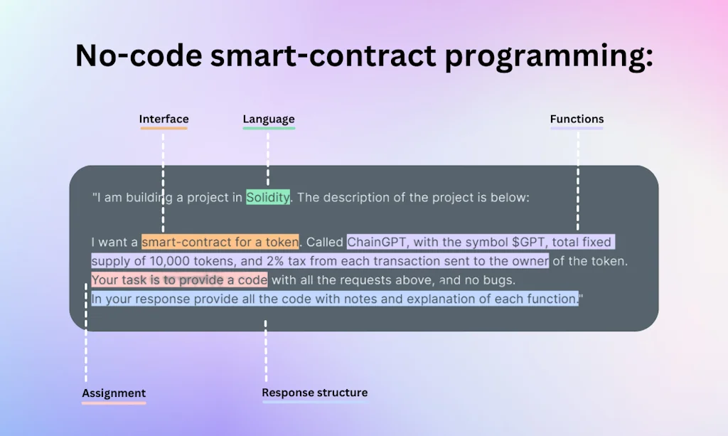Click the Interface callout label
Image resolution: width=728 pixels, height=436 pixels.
click(x=164, y=119)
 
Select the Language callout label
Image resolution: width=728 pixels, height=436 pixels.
click(x=268, y=119)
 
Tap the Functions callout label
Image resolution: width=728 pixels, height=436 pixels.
click(x=577, y=119)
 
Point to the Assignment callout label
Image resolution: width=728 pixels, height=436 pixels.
click(x=114, y=393)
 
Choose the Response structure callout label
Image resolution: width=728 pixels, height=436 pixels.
click(x=314, y=393)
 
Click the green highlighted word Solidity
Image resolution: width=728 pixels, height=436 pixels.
click(x=268, y=198)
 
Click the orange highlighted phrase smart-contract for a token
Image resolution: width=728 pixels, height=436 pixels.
click(x=220, y=242)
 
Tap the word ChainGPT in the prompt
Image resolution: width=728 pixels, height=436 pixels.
click(x=378, y=242)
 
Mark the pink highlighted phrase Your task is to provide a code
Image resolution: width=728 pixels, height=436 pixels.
click(x=179, y=280)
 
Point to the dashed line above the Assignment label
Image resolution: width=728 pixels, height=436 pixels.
click(x=86, y=334)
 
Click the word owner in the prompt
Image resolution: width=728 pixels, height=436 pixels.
click(x=530, y=261)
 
